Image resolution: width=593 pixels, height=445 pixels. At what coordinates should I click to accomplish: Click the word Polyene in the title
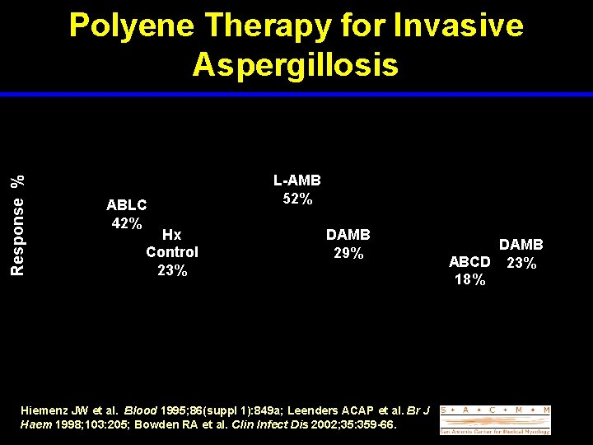[133, 26]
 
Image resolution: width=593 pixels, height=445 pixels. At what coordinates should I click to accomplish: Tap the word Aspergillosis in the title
[296, 64]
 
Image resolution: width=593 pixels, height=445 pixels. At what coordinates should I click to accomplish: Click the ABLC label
[127, 205]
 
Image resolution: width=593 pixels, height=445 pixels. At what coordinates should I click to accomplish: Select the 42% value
[127, 223]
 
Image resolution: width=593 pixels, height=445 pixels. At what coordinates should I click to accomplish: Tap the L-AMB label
[296, 180]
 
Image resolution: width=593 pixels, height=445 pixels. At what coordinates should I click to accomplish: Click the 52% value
[296, 199]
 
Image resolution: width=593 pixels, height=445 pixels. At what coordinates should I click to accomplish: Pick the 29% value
[348, 253]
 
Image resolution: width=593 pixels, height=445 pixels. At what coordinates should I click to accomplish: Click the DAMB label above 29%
[348, 235]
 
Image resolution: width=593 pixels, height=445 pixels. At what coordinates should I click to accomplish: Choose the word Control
[172, 252]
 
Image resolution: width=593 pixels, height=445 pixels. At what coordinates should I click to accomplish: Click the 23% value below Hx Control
[172, 270]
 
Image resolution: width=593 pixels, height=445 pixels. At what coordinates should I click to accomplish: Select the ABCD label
[469, 263]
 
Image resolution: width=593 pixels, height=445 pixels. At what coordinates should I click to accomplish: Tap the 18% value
[469, 280]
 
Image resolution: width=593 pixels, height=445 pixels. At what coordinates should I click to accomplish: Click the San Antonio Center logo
[495, 419]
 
